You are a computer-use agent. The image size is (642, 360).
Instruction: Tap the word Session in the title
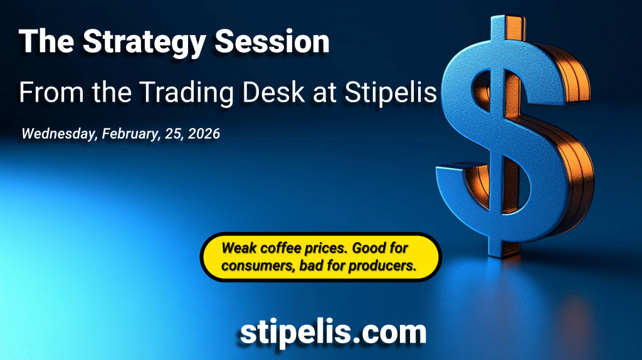272,41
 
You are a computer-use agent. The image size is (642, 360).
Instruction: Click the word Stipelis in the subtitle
391,93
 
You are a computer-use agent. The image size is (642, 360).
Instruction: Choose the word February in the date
131,134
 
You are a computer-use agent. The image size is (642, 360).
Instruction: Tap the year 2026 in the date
204,134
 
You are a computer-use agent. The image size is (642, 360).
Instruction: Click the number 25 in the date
174,134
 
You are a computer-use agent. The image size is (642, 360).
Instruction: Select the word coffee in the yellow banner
281,248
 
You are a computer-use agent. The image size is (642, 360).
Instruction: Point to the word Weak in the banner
239,248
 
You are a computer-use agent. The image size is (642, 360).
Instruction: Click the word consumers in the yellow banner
258,266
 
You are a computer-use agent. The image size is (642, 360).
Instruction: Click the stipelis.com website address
333,332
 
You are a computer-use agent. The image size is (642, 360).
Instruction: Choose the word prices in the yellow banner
327,248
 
